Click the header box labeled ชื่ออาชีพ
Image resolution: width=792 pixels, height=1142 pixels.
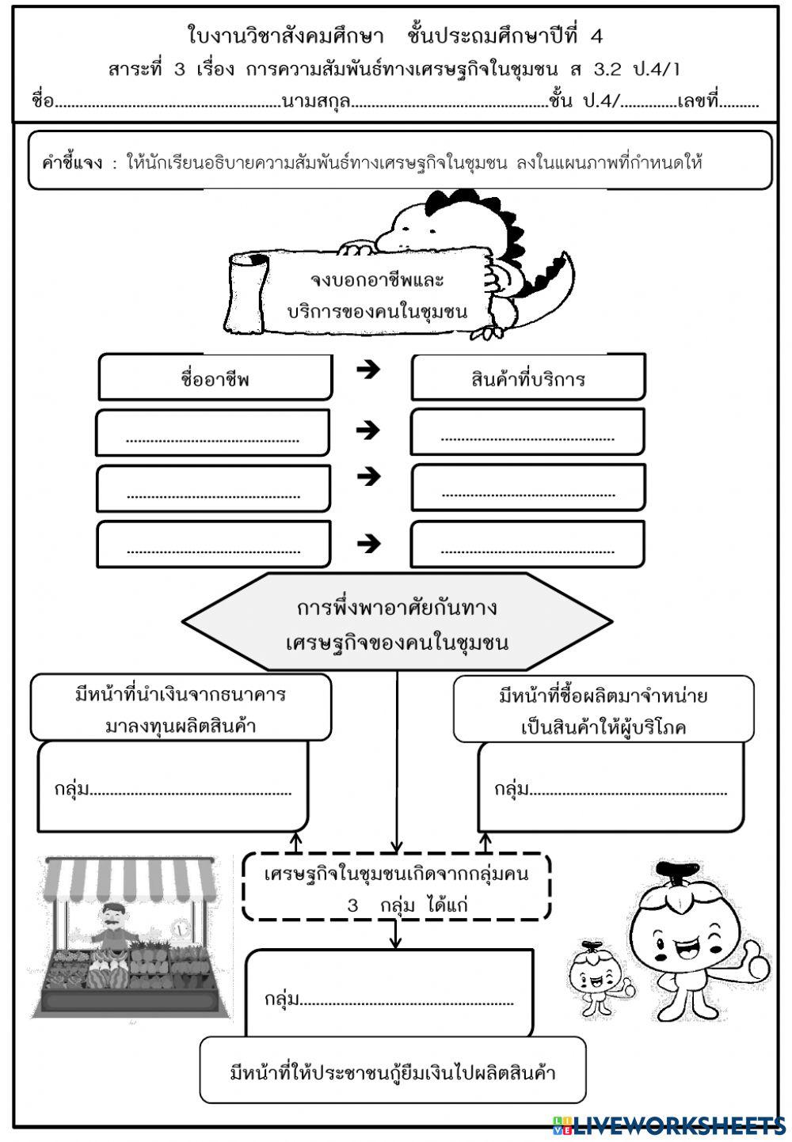click(x=215, y=378)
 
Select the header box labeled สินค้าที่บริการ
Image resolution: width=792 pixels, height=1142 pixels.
click(x=527, y=378)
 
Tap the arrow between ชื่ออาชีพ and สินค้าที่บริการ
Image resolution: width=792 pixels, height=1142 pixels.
click(x=368, y=370)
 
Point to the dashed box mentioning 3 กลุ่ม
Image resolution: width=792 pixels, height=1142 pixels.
click(x=396, y=886)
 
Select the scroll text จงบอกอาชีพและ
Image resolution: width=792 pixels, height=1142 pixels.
click(x=377, y=279)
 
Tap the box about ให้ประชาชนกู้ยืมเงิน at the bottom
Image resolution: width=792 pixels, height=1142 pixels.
click(x=393, y=1072)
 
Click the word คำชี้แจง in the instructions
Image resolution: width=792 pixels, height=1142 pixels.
click(x=72, y=164)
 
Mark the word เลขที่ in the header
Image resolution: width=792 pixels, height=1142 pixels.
click(x=698, y=102)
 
